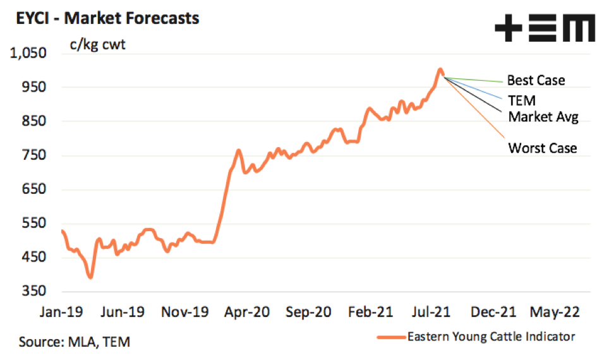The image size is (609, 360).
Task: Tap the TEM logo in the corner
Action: pos(545,30)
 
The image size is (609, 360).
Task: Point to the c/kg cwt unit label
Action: pos(97,45)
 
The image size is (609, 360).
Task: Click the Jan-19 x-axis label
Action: pos(61,312)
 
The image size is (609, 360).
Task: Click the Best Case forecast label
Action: pos(536,81)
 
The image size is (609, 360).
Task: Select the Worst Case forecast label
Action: pos(542,148)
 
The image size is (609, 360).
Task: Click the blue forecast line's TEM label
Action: pos(522,100)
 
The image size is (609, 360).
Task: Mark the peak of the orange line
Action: pos(440,69)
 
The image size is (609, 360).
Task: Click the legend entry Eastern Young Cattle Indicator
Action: pos(491,337)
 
